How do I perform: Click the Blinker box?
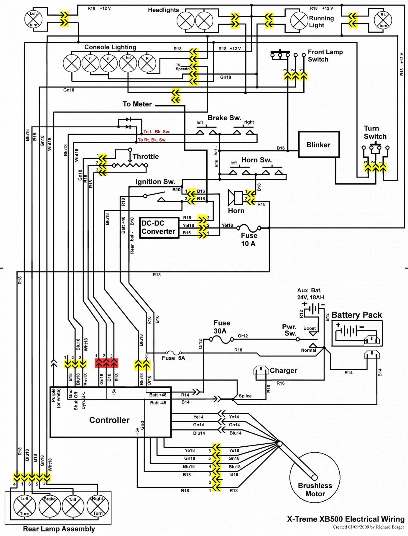click(319, 144)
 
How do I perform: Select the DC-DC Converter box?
click(159, 227)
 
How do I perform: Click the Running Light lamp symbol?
click(299, 20)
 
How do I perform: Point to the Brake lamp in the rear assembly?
click(50, 506)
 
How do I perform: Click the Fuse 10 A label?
click(249, 239)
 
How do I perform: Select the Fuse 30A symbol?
click(222, 339)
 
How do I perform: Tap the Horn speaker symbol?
click(235, 198)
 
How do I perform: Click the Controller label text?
click(109, 420)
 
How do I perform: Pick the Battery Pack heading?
click(356, 315)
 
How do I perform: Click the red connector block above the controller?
click(106, 363)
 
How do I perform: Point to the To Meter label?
click(137, 104)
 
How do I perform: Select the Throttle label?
click(146, 157)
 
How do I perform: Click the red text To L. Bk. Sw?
click(156, 132)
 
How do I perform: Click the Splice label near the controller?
click(245, 396)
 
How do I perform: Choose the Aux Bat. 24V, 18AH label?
click(311, 294)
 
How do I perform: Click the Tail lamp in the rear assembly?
click(73, 506)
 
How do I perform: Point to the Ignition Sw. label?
click(155, 182)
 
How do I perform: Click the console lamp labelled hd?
click(128, 63)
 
